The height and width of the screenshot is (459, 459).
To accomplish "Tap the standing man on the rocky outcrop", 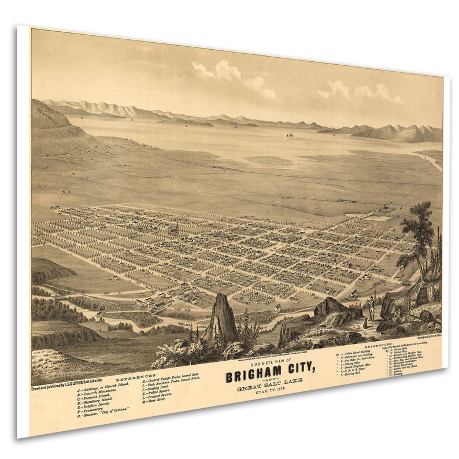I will [372, 306].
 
